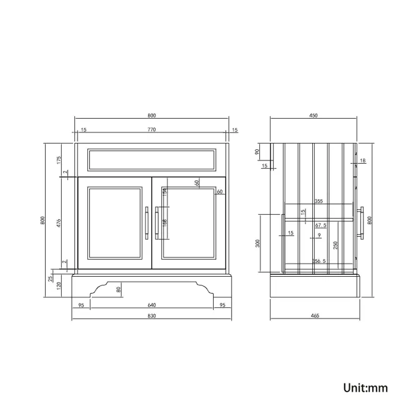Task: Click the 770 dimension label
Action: tap(151, 129)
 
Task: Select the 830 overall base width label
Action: tap(151, 316)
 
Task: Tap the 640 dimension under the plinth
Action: tap(151, 305)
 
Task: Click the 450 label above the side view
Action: tap(314, 116)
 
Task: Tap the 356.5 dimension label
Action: tap(318, 262)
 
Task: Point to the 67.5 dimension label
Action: tap(321, 225)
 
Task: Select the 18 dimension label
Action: tap(362, 161)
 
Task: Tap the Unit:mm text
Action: tap(365, 387)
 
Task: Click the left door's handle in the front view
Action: tap(147, 222)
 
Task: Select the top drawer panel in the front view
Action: tap(151, 160)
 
